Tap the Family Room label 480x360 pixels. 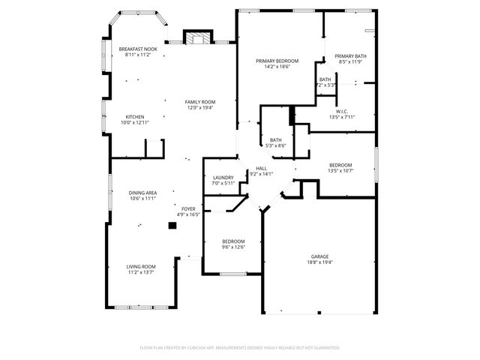pos(200,102)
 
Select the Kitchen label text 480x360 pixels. pos(135,116)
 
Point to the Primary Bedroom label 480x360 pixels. pos(277,61)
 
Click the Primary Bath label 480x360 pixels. pos(349,56)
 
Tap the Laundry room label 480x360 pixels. pos(223,178)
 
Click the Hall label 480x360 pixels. pos(261,168)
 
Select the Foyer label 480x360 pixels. pos(188,209)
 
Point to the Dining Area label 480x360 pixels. pos(142,193)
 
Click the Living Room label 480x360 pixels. pos(140,266)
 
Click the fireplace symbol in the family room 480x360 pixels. pos(199,38)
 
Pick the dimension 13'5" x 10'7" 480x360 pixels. pos(340,170)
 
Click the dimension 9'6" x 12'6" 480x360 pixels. pos(233,247)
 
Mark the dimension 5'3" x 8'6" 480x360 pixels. pos(276,145)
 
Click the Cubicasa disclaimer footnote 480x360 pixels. pos(240,347)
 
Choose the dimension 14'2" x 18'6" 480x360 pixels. pos(277,67)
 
